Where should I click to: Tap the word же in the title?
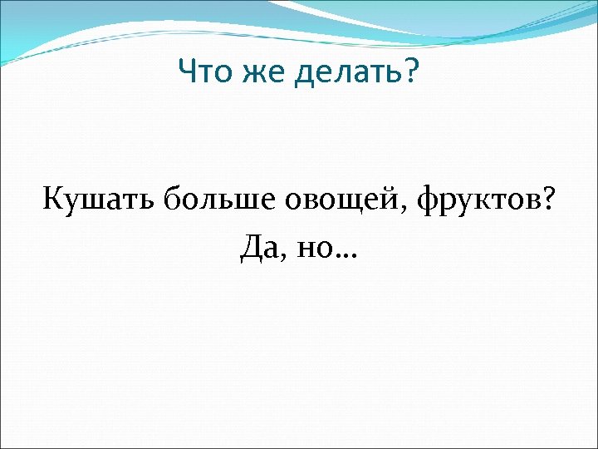pyautogui.click(x=258, y=76)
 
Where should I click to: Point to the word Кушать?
pyautogui.click(x=100, y=201)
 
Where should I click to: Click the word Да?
pyautogui.click(x=257, y=248)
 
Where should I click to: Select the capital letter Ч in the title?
pyautogui.click(x=187, y=75)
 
